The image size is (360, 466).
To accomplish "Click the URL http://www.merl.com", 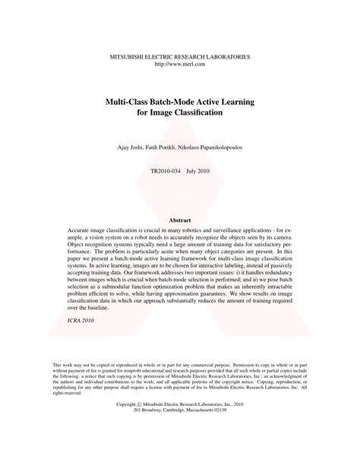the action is pos(180,64).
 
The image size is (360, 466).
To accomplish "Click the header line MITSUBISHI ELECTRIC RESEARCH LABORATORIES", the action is pos(180,56).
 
